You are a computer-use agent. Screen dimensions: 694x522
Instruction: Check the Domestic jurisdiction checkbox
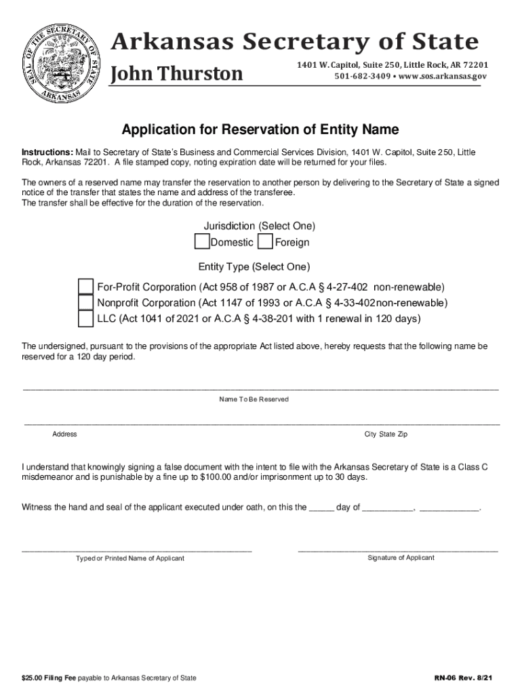(x=202, y=242)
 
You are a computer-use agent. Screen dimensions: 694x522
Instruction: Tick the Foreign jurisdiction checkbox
(x=266, y=242)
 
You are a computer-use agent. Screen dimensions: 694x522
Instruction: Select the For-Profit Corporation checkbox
(x=86, y=286)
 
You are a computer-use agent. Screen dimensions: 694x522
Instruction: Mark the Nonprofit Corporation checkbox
(x=86, y=302)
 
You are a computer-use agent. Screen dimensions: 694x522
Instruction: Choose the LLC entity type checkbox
(x=86, y=319)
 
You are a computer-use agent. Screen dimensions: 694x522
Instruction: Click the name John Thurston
(x=176, y=73)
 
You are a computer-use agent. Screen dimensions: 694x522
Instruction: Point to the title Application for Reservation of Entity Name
(x=260, y=129)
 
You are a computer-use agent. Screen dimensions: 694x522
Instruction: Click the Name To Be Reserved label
(x=254, y=399)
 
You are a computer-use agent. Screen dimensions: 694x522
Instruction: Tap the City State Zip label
(x=386, y=434)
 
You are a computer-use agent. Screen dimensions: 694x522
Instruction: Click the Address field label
(x=64, y=434)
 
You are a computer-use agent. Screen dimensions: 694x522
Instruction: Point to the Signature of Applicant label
(x=401, y=558)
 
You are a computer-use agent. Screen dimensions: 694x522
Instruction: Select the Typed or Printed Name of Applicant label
(x=129, y=558)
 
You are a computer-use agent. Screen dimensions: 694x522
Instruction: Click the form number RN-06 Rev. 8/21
(x=463, y=678)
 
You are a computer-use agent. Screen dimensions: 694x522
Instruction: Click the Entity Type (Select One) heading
(x=254, y=266)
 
